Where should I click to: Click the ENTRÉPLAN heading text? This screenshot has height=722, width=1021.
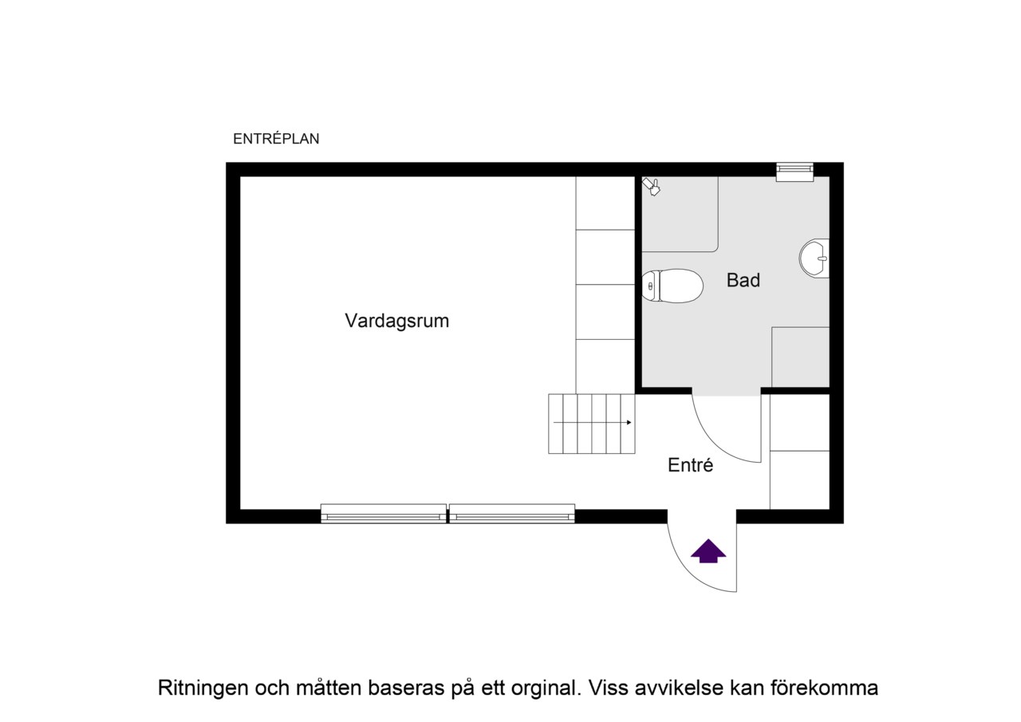pyautogui.click(x=276, y=139)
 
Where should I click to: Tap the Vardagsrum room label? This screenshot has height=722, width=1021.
pyautogui.click(x=396, y=321)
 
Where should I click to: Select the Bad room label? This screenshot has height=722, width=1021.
pyautogui.click(x=743, y=280)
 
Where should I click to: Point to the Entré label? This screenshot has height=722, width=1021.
pyautogui.click(x=690, y=465)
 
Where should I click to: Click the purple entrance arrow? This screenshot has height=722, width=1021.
pyautogui.click(x=708, y=551)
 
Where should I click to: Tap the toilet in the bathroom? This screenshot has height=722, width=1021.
pyautogui.click(x=672, y=286)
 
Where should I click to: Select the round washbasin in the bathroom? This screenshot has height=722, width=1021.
pyautogui.click(x=814, y=258)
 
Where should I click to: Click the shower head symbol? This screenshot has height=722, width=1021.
pyautogui.click(x=652, y=187)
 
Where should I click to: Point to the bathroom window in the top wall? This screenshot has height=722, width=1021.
pyautogui.click(x=794, y=172)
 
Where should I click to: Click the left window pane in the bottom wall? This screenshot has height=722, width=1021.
pyautogui.click(x=384, y=514)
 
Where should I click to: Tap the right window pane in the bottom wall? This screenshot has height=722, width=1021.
pyautogui.click(x=512, y=514)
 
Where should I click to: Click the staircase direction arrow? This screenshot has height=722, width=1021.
pyautogui.click(x=592, y=423)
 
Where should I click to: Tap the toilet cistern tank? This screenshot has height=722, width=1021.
pyautogui.click(x=651, y=286)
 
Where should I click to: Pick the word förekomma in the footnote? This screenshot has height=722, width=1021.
pyautogui.click(x=824, y=688)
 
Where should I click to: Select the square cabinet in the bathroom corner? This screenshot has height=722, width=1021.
pyautogui.click(x=800, y=357)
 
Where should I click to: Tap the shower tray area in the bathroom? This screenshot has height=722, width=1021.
pyautogui.click(x=680, y=215)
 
